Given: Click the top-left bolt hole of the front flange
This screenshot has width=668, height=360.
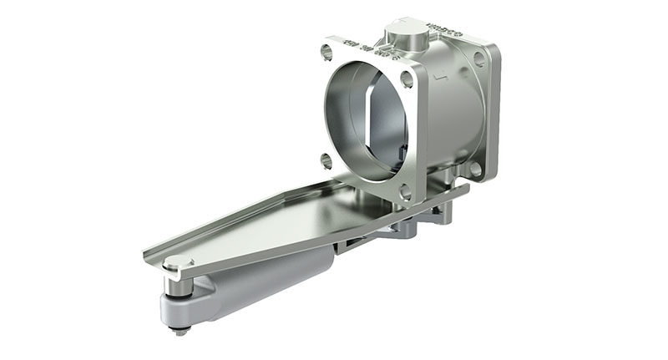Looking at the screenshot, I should pos(326,52).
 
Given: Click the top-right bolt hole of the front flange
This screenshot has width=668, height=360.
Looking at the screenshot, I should pos(407,80).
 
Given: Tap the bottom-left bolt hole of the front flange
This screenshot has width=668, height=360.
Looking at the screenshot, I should pos(326,160).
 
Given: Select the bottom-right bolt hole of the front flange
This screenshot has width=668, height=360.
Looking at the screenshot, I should pos(406,191).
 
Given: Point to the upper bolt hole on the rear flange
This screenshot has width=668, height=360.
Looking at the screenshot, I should pos(479,59).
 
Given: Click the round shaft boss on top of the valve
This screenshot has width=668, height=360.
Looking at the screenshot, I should pos(404,35).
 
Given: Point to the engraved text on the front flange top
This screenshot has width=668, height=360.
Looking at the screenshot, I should pos(359,49).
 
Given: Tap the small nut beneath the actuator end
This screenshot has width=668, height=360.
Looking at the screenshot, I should pos(180,331).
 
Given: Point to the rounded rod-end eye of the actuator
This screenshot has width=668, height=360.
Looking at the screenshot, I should pos(188,309).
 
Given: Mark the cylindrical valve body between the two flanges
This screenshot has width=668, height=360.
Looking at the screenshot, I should pos(451,109).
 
